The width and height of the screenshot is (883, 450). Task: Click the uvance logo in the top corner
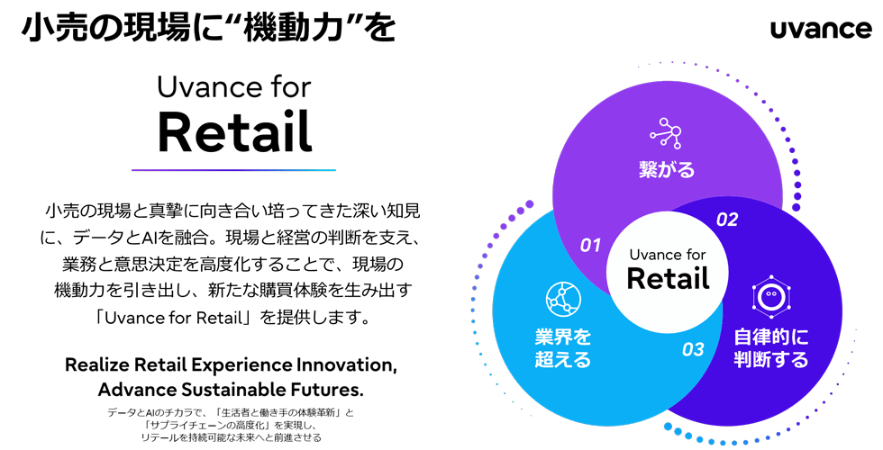(820, 30)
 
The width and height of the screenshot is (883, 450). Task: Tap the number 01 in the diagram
(590, 244)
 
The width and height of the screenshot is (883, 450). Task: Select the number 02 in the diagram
(726, 220)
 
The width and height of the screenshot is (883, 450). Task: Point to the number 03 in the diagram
(692, 349)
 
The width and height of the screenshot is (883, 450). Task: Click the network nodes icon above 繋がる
(666, 133)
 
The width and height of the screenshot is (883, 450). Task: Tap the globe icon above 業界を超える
(563, 297)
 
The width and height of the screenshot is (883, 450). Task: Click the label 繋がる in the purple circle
(666, 169)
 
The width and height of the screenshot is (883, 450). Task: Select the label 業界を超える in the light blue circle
(563, 349)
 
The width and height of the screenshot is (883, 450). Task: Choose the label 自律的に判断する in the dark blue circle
(770, 349)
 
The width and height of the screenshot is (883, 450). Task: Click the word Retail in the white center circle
(668, 278)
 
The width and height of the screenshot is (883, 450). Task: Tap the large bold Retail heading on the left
(234, 133)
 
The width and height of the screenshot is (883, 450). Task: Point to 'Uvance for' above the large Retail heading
(234, 88)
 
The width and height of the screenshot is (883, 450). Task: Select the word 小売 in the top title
(53, 28)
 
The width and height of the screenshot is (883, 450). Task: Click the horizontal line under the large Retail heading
(234, 170)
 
